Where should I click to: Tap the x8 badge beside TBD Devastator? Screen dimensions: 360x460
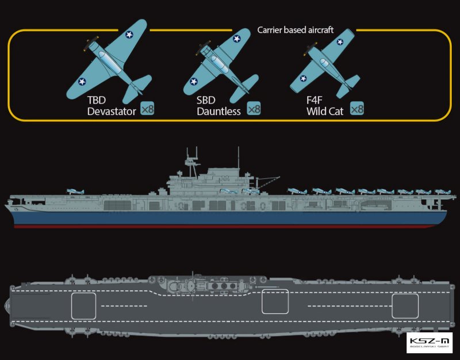pos(147,108)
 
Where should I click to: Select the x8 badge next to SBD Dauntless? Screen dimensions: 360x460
pos(254,108)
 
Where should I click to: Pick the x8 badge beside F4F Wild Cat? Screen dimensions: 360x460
pos(358,108)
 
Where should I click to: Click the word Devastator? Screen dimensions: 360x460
pos(112,111)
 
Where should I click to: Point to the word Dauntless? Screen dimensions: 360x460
pos(218,111)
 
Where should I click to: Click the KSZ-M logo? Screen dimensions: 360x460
pos(429,343)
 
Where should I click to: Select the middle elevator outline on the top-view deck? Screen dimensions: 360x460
pos(275,301)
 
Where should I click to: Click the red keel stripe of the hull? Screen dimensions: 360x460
pos(230,227)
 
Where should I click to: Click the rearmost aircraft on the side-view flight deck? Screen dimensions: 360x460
pos(442,191)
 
